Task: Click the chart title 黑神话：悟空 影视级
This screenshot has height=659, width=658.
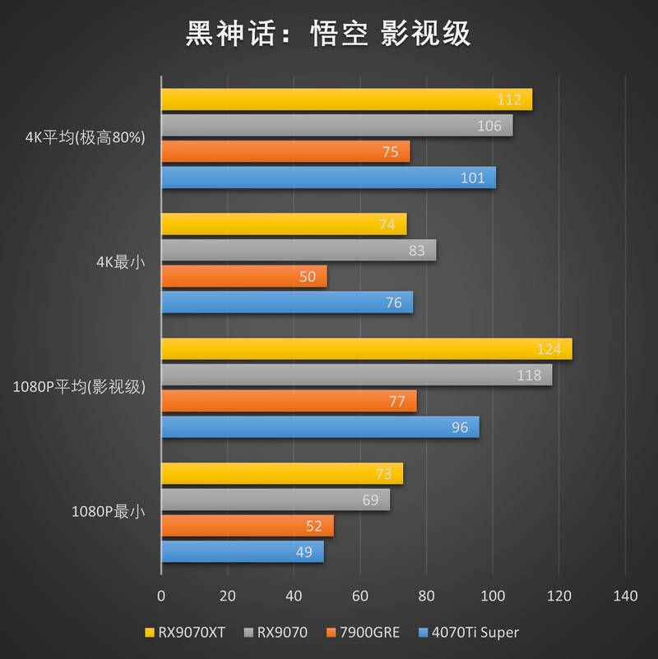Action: [x=328, y=34]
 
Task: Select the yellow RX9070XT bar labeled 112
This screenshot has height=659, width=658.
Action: [x=346, y=99]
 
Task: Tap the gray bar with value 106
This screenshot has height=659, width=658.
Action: [x=336, y=126]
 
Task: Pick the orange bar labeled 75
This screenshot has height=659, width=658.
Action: [x=285, y=151]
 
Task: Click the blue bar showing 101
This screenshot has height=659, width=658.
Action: [x=328, y=177]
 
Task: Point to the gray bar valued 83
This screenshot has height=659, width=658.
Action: [x=299, y=251]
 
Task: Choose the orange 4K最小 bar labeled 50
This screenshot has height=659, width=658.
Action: [x=243, y=277]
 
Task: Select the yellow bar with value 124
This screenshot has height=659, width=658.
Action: [x=366, y=349]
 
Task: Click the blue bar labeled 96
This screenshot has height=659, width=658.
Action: [x=320, y=427]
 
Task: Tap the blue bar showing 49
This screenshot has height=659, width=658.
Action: [x=242, y=552]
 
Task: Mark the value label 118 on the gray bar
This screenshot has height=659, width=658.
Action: [x=529, y=376]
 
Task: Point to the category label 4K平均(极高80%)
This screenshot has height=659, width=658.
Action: [x=86, y=138]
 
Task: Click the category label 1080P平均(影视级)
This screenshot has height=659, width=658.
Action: [x=80, y=388]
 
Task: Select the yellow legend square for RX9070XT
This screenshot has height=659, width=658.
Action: [x=149, y=633]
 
